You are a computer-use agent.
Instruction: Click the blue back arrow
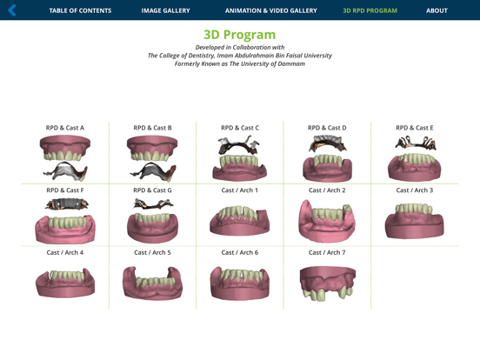click(12, 10)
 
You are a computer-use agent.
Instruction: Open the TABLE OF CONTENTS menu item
click(80, 10)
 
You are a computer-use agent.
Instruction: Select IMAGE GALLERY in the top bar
click(165, 10)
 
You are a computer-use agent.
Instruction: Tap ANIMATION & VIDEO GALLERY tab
click(270, 10)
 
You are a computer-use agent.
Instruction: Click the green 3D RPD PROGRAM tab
click(370, 10)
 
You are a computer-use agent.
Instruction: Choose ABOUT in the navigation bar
click(437, 10)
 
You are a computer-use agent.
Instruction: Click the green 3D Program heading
click(239, 35)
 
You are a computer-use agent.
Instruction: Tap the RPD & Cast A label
click(65, 128)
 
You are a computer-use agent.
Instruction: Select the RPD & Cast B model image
click(152, 158)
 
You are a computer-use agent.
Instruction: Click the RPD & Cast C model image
click(239, 158)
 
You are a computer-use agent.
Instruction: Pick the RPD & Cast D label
click(327, 128)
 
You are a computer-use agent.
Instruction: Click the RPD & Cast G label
click(152, 190)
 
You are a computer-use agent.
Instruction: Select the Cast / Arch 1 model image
click(239, 221)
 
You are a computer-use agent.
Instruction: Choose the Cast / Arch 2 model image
click(327, 221)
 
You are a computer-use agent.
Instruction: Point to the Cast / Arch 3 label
click(414, 190)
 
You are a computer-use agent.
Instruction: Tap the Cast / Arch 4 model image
click(65, 283)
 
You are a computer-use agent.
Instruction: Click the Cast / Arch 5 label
click(152, 253)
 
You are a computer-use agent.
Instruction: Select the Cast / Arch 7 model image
click(327, 283)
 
